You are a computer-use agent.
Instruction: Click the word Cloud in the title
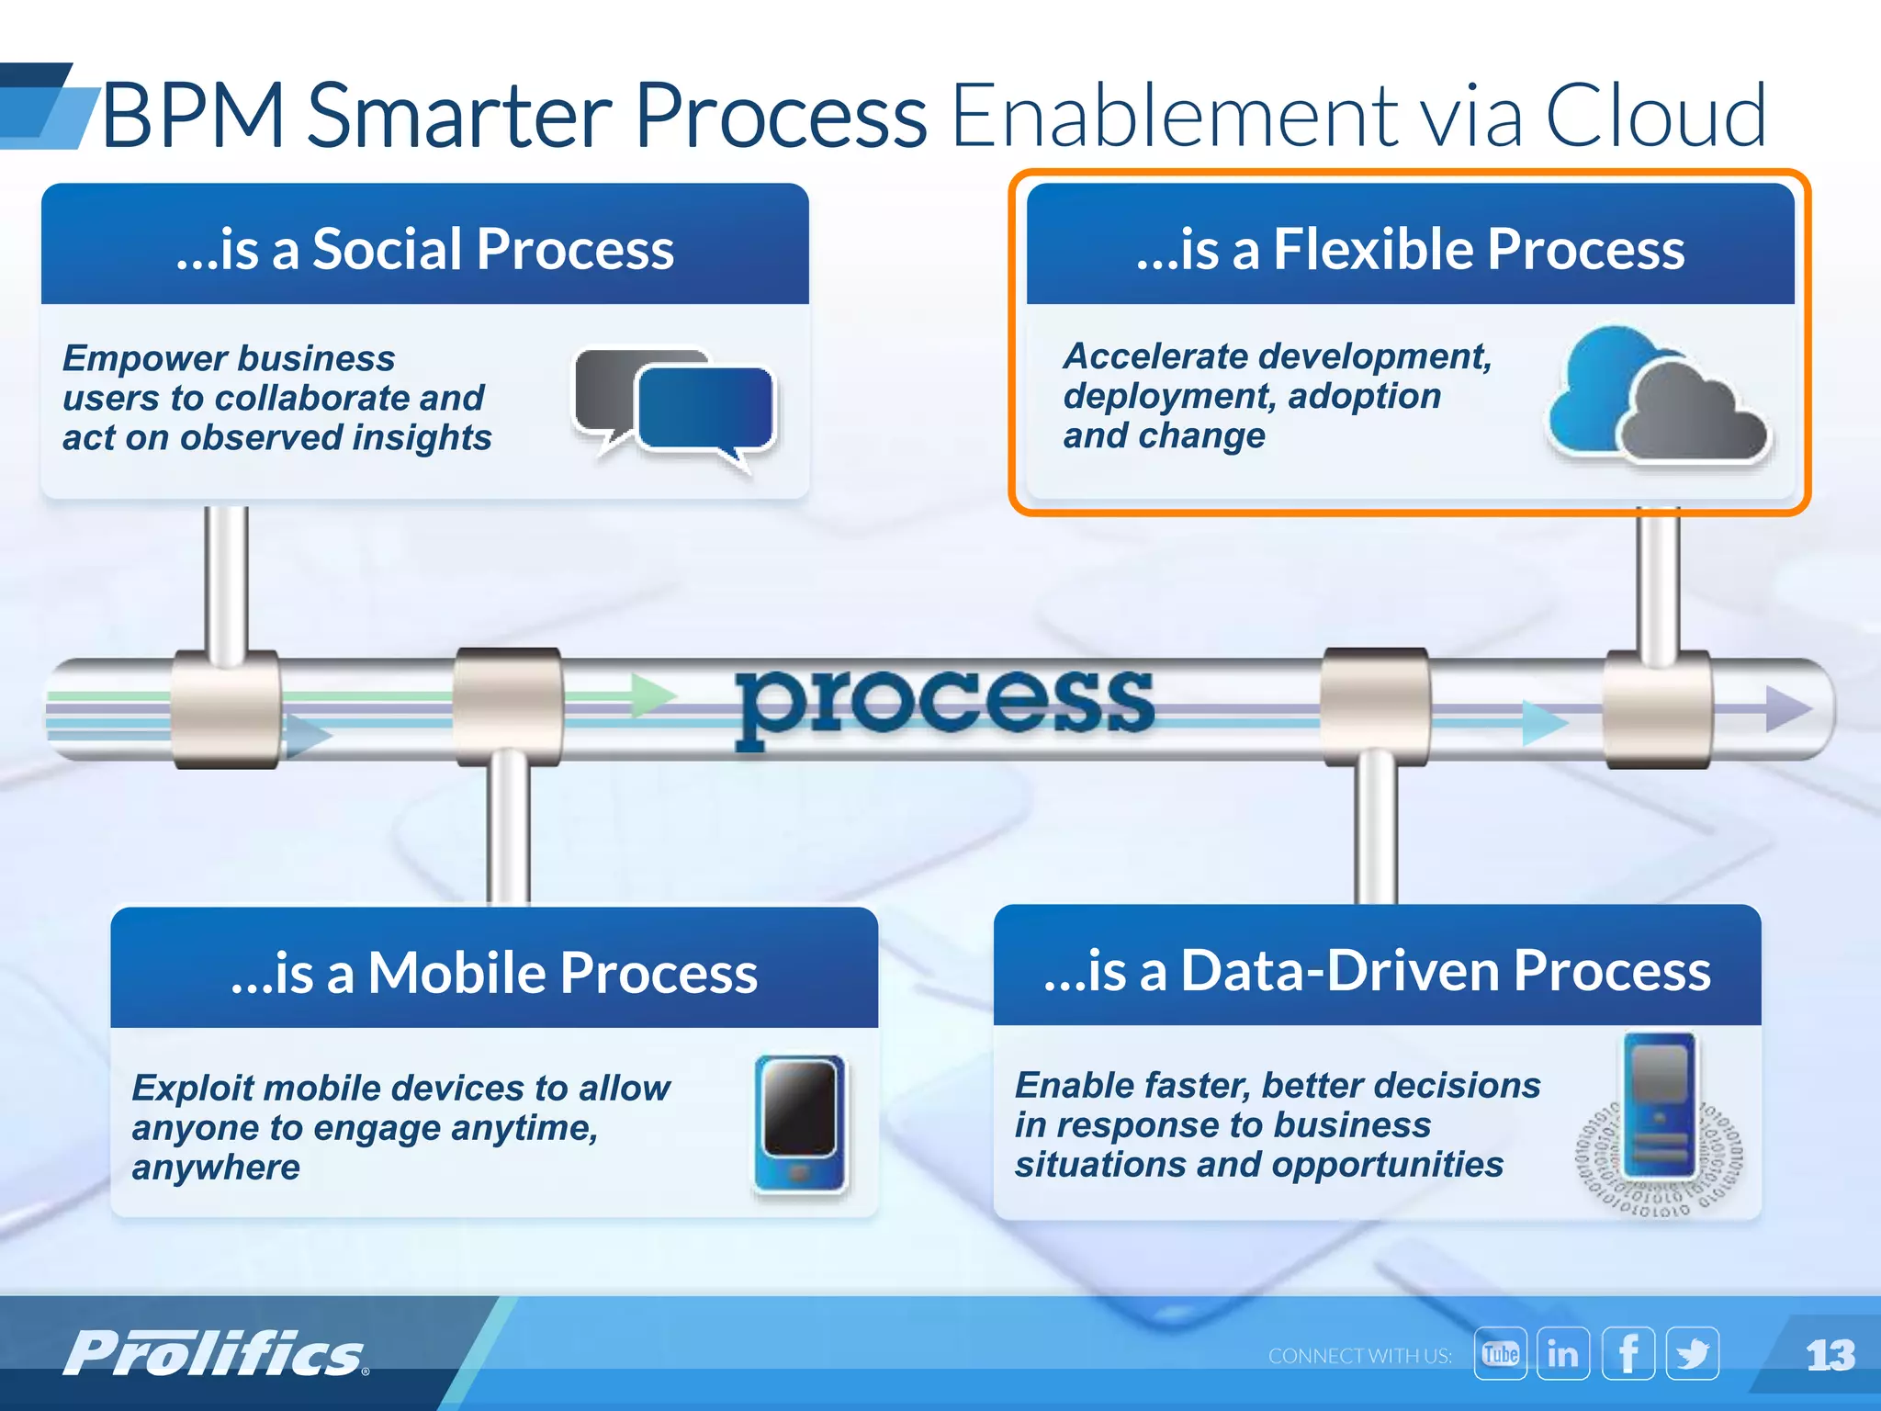1655,116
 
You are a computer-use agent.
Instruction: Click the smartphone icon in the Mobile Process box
800,1123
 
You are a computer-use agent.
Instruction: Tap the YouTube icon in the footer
1500,1354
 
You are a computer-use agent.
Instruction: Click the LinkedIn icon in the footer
1562,1354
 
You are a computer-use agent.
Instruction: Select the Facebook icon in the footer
1628,1354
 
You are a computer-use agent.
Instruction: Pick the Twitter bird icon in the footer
1692,1354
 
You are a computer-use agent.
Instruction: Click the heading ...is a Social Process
424,249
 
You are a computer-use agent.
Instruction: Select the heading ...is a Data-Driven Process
1377,971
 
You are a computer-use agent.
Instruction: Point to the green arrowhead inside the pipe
654,695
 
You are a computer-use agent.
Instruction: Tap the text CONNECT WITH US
1359,1356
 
